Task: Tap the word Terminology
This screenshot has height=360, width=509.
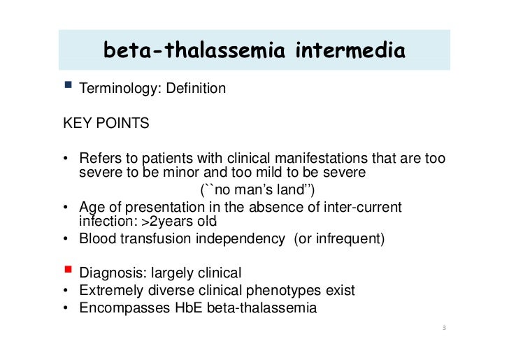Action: coord(119,89)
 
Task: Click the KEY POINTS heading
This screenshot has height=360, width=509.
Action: coord(106,124)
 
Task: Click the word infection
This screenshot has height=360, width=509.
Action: coord(105,222)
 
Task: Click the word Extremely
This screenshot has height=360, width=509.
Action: coord(113,289)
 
